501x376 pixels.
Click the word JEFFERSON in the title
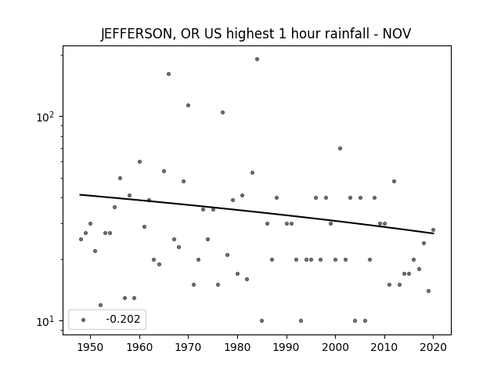click(136, 34)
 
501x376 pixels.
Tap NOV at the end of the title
click(397, 33)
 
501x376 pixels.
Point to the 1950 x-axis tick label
click(91, 347)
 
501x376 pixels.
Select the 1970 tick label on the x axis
click(188, 347)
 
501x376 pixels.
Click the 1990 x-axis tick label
click(287, 347)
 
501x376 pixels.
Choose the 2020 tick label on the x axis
click(433, 347)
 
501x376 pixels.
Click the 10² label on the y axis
click(45, 117)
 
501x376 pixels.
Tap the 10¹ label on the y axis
click(45, 321)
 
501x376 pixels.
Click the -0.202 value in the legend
click(123, 319)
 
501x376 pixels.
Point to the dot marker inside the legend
click(84, 320)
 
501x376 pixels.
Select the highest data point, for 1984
click(257, 60)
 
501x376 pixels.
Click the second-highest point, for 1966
click(169, 74)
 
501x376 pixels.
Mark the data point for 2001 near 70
click(340, 148)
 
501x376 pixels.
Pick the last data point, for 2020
click(433, 230)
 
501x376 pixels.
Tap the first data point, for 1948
click(81, 239)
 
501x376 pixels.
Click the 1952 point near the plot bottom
click(101, 305)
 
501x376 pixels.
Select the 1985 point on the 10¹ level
click(261, 320)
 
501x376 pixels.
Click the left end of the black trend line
click(80, 194)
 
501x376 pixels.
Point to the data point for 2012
click(394, 181)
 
